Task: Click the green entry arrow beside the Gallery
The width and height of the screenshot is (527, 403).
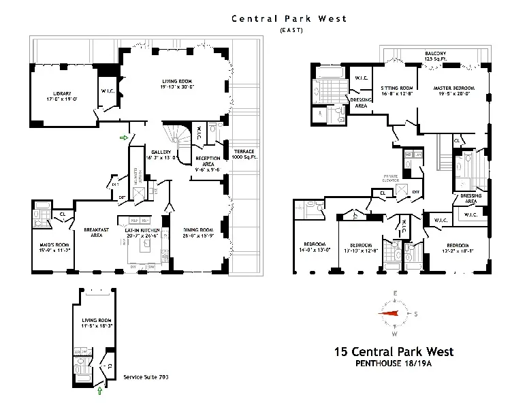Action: tap(123, 138)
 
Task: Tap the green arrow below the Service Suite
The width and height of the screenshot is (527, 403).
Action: tap(101, 391)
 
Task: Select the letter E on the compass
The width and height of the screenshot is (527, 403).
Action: tap(394, 293)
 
